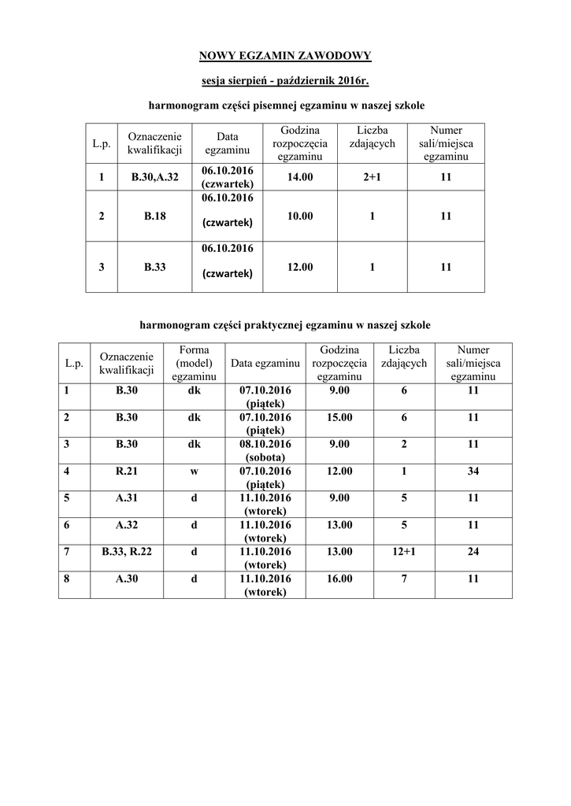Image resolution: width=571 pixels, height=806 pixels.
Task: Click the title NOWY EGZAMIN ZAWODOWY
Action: coord(284,55)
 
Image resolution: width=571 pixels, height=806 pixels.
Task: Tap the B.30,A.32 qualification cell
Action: coord(155,178)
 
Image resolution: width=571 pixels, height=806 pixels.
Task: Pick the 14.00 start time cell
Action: coord(300,178)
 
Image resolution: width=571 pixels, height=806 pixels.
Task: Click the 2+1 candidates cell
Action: coord(372,178)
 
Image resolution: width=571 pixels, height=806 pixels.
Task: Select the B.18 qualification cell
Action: coord(155,216)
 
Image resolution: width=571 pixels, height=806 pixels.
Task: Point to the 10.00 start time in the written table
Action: coord(300,216)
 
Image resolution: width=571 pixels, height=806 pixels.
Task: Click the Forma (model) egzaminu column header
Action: coord(194,363)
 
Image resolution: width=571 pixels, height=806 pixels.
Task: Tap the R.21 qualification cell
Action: coord(127,471)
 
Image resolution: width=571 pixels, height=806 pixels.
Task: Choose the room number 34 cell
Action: coord(473,471)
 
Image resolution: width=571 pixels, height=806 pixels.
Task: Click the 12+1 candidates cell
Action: coord(404,552)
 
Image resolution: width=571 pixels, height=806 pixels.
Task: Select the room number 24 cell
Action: coord(473,552)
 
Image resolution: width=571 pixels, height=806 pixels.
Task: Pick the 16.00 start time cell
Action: coord(340,579)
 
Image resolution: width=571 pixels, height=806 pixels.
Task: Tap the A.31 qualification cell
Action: coord(127,497)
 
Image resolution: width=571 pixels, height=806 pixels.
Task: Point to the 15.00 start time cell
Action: coord(340,417)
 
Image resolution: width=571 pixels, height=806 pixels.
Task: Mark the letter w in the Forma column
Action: coord(194,471)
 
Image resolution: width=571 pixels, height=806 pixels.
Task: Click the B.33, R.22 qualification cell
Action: coord(127,552)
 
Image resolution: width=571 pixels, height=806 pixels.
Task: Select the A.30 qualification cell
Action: coord(127,579)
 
